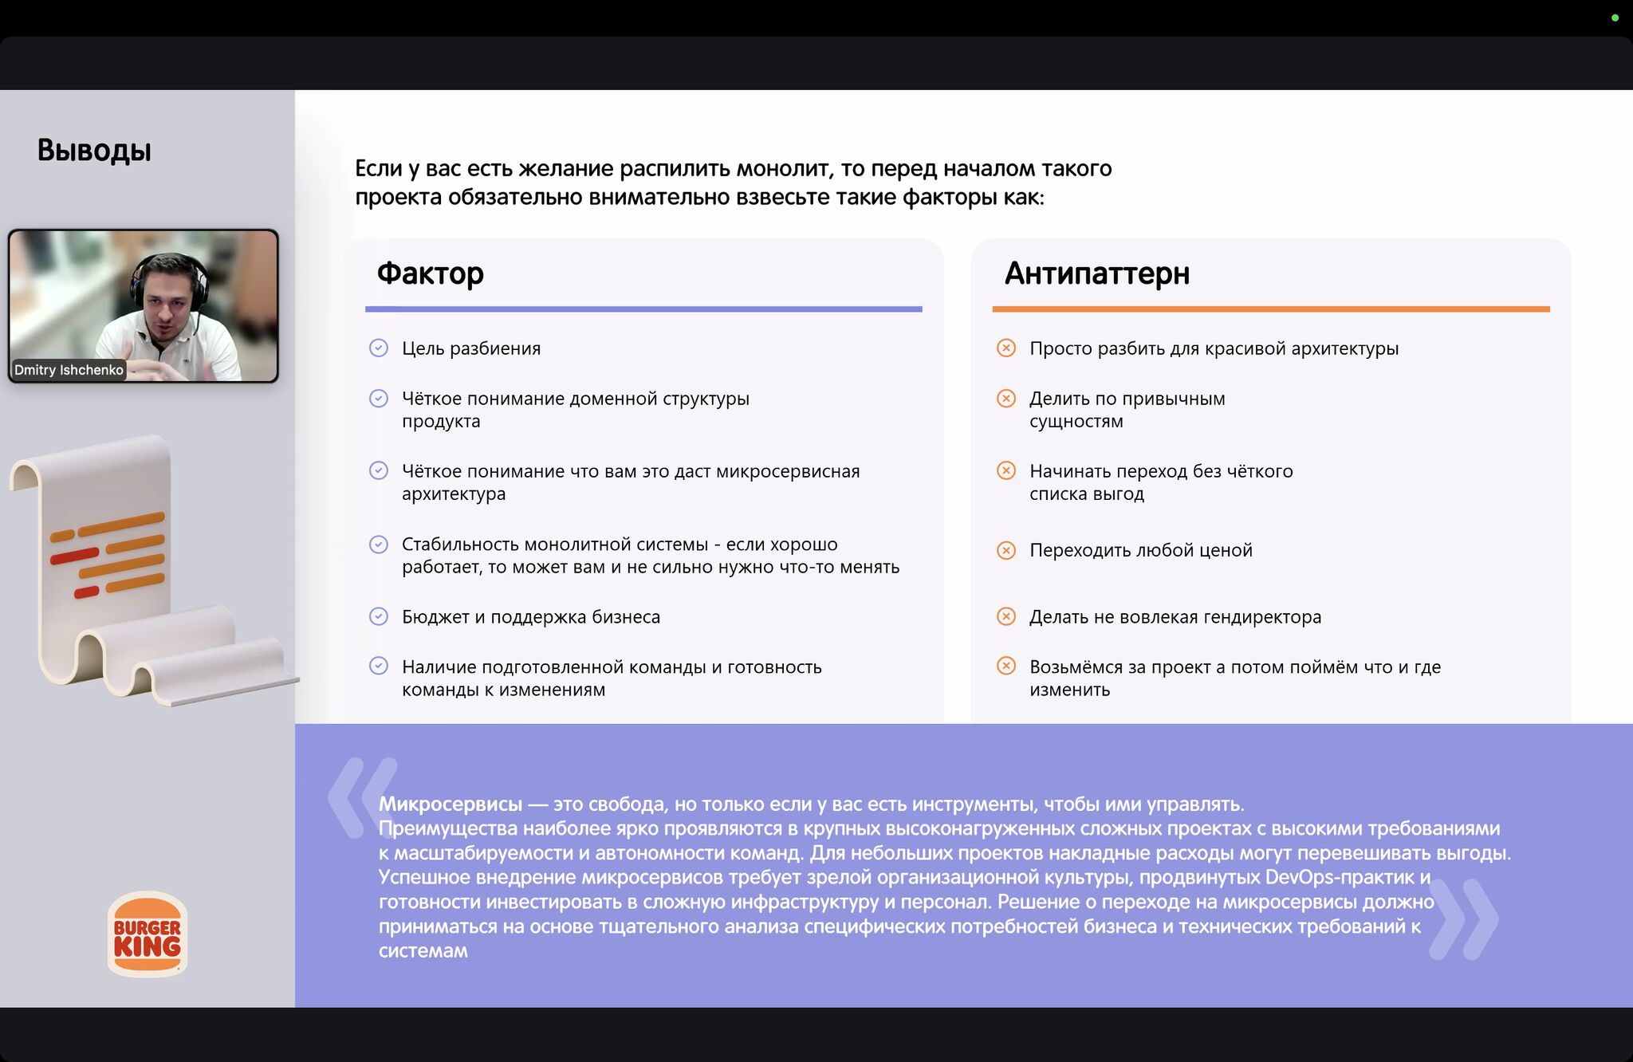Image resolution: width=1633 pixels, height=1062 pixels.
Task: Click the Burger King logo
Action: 148,934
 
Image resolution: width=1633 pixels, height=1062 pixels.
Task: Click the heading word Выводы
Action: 94,151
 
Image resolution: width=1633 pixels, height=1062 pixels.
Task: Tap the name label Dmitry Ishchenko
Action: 69,370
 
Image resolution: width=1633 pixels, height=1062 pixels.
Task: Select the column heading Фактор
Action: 430,273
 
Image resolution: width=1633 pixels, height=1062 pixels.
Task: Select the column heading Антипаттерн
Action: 1096,273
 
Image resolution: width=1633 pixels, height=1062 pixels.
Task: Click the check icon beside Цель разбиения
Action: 379,348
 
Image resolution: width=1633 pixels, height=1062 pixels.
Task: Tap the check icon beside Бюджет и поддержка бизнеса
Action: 379,616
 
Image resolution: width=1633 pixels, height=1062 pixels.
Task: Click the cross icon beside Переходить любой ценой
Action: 1006,550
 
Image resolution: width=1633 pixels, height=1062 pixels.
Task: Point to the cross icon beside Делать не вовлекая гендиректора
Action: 1006,616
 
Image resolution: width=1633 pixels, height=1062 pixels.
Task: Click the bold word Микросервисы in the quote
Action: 451,804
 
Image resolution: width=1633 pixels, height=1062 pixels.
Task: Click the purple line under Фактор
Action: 643,309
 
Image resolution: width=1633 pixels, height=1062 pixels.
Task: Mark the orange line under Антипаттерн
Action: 1270,309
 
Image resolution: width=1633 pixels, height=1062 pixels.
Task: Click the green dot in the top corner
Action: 1615,18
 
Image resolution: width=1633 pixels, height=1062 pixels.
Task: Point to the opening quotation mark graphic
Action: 360,797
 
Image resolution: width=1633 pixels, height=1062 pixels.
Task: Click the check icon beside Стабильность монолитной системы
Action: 379,545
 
